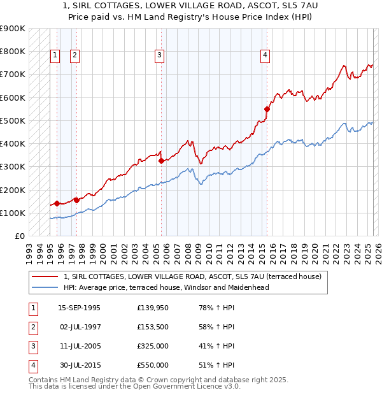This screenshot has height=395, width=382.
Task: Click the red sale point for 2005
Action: point(161,161)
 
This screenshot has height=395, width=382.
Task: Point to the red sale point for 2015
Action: point(267,109)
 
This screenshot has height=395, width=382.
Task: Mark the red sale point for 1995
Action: point(57,204)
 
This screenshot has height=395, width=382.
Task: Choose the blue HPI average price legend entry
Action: point(166,287)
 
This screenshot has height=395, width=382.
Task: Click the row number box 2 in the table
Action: point(32,327)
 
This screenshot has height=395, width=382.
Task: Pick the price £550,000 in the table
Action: point(153,365)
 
